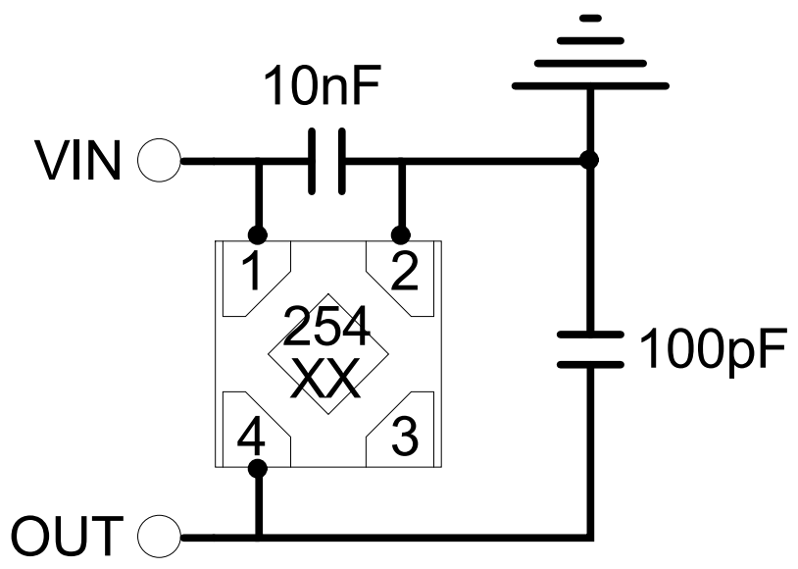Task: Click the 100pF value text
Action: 713,348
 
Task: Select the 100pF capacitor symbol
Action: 589,349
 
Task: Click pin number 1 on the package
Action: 252,274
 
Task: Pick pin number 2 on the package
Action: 401,274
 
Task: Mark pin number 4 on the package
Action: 252,432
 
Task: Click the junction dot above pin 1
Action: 258,235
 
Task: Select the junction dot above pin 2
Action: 400,235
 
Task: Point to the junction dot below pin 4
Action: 258,470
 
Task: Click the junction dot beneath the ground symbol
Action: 589,161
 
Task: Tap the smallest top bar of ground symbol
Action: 589,18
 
